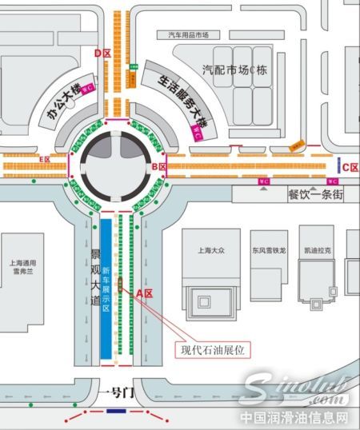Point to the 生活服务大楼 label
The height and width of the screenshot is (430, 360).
pyautogui.click(x=173, y=102)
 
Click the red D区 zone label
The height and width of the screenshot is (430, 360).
pyautogui.click(x=102, y=54)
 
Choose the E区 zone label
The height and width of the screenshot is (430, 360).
pyautogui.click(x=46, y=159)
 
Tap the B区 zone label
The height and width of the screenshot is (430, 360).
pyautogui.click(x=158, y=166)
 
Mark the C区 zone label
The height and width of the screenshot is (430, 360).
pyautogui.click(x=350, y=167)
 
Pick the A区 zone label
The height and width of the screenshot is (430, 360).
pyautogui.click(x=144, y=293)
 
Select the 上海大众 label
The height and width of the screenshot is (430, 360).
pyautogui.click(x=210, y=249)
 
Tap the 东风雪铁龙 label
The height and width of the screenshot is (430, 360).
pyautogui.click(x=267, y=249)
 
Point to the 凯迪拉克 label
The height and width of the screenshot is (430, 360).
pyautogui.click(x=317, y=249)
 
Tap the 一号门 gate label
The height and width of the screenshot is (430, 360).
pyautogui.click(x=114, y=392)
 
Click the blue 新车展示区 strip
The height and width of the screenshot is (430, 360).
pyautogui.click(x=106, y=288)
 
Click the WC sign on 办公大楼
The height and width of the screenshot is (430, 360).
pyautogui.click(x=90, y=86)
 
